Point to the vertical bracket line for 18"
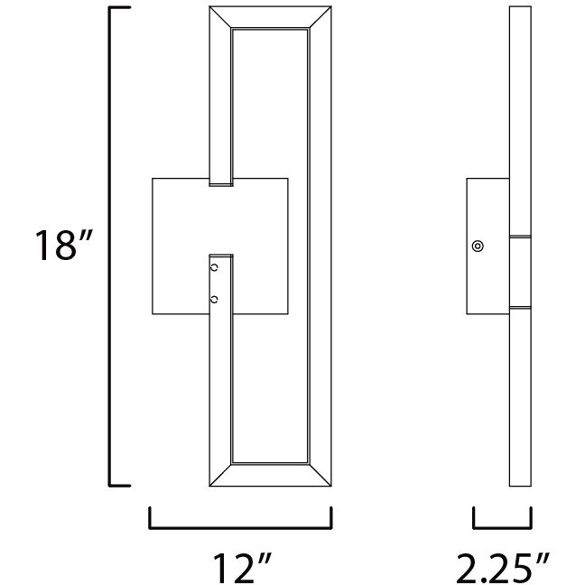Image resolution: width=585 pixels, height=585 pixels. (112, 246)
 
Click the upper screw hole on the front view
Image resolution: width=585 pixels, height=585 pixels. (214, 268)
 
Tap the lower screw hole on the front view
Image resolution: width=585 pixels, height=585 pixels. (214, 299)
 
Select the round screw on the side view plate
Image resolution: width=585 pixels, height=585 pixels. (477, 246)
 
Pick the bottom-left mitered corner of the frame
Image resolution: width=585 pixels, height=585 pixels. (220, 478)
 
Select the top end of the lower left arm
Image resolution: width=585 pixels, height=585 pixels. (221, 256)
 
